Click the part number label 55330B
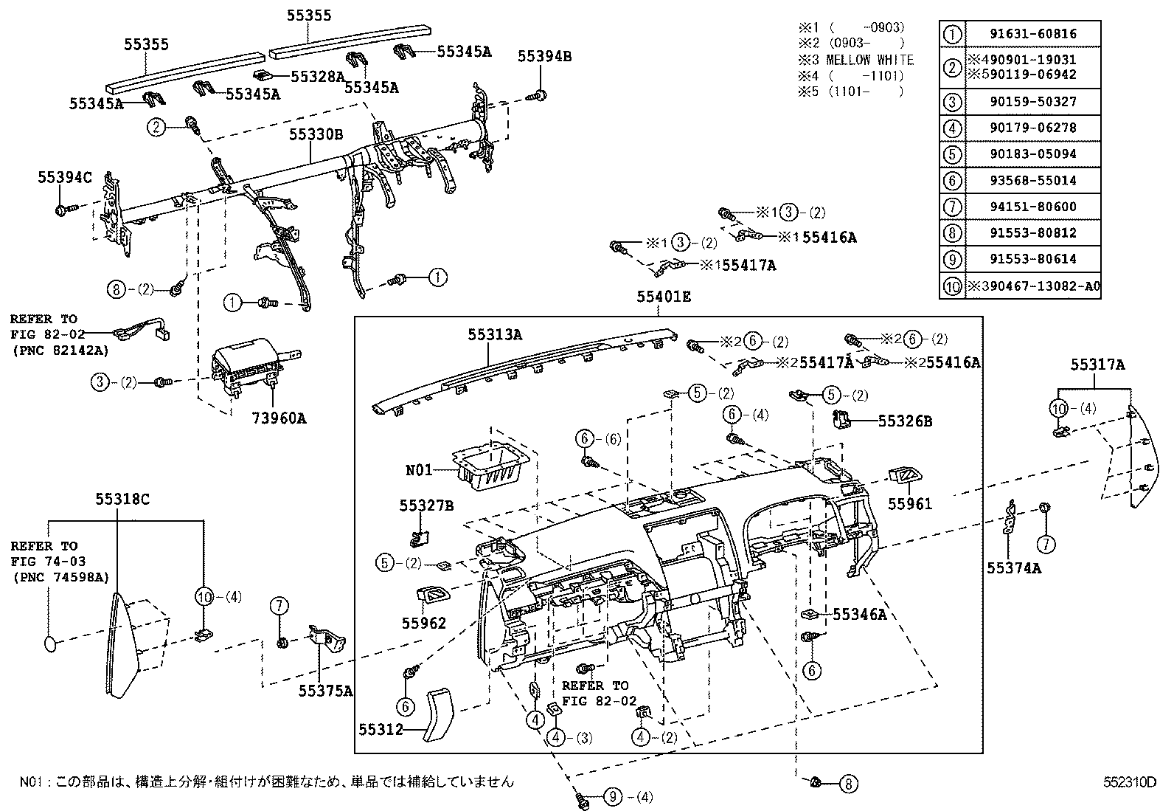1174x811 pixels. click(x=316, y=134)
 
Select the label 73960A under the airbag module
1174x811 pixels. click(x=279, y=418)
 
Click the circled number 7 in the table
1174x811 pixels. click(x=953, y=207)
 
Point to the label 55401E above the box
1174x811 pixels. click(x=664, y=297)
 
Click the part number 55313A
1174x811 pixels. click(x=494, y=334)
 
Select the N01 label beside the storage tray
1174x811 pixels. click(x=418, y=469)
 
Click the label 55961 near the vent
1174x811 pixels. click(x=909, y=504)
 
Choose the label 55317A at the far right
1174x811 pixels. click(x=1098, y=365)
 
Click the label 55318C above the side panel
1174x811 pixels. click(x=122, y=500)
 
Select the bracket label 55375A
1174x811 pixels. click(x=325, y=691)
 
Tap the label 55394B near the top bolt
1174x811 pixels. click(x=544, y=56)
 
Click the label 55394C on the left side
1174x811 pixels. click(x=66, y=178)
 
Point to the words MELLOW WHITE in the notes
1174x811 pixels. click(x=869, y=61)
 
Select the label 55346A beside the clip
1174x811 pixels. click(x=859, y=613)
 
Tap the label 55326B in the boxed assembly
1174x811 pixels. click(x=905, y=421)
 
